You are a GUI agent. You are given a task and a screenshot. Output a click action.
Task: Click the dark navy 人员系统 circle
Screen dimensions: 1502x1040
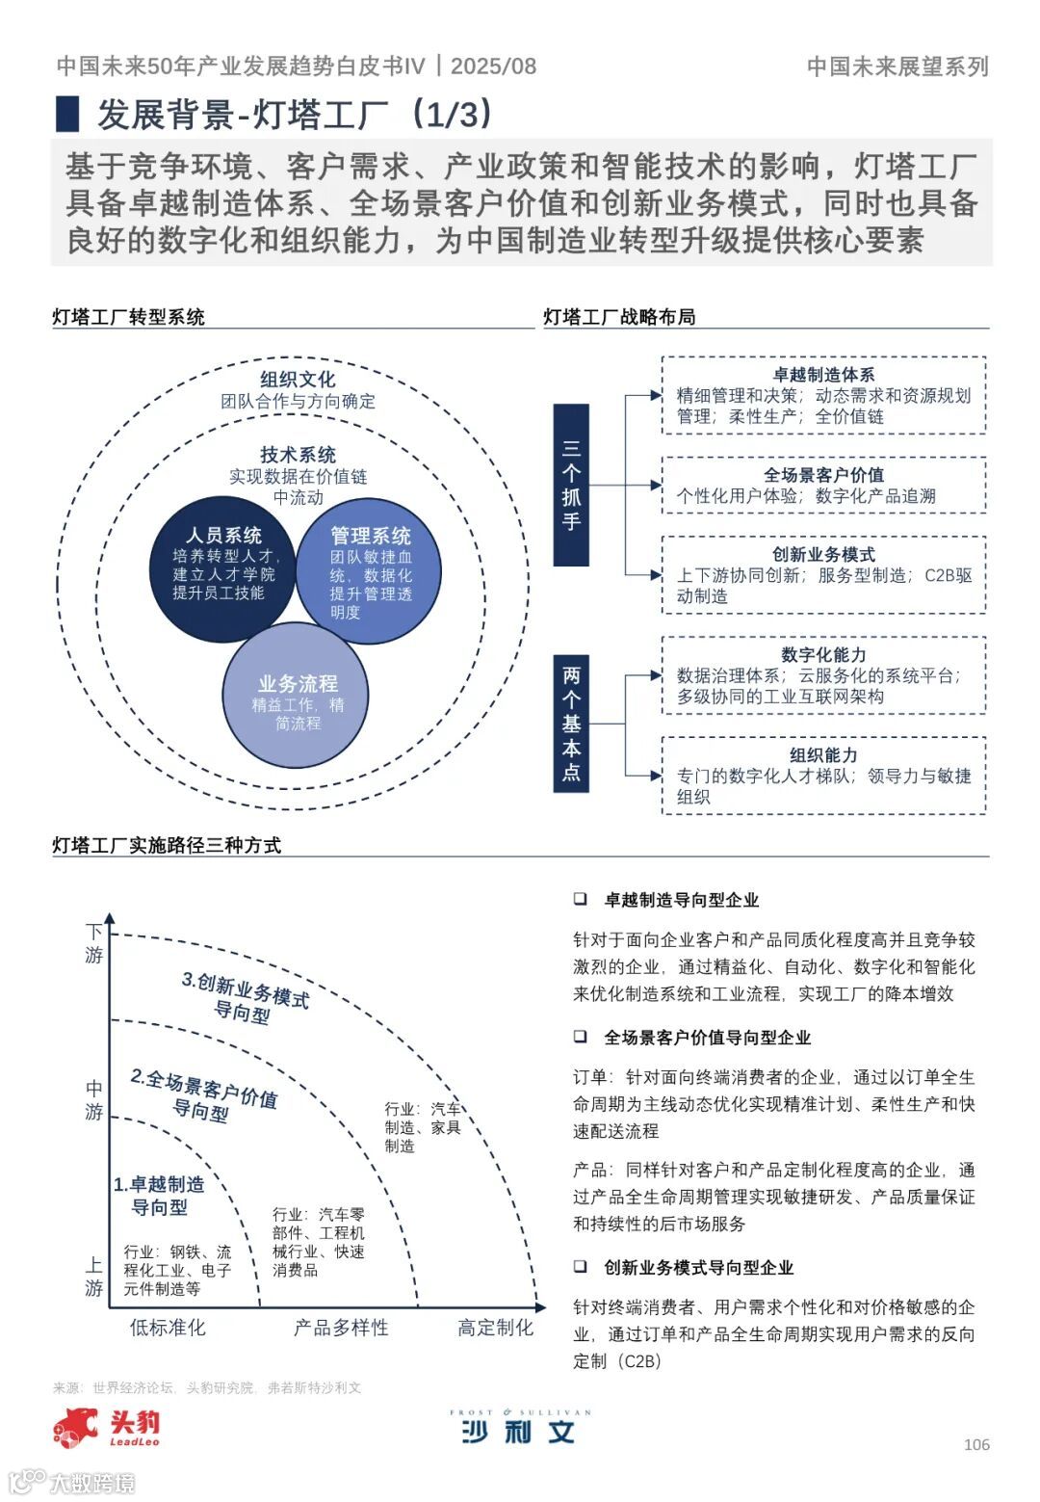(x=221, y=568)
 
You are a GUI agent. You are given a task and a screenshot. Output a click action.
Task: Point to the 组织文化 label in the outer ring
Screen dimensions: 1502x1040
(x=298, y=380)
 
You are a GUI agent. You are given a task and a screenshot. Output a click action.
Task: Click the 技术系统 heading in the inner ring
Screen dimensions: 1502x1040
(x=298, y=455)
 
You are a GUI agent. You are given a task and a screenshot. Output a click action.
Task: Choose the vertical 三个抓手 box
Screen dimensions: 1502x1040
(x=571, y=485)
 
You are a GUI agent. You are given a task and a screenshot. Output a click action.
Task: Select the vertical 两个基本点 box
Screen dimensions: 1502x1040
(x=571, y=723)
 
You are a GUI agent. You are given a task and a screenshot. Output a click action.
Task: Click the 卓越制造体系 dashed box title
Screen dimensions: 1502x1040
(x=823, y=374)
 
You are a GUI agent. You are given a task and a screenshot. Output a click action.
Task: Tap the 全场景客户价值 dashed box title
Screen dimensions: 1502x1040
(x=823, y=474)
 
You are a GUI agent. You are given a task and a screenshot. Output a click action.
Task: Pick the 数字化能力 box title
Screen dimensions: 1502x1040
(x=823, y=654)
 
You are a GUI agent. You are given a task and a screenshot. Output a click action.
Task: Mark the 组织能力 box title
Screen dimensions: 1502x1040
(x=823, y=754)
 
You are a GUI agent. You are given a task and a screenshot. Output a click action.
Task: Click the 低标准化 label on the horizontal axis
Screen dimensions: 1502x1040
(x=168, y=1328)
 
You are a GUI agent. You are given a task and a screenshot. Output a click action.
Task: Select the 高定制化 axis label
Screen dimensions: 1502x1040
(x=495, y=1328)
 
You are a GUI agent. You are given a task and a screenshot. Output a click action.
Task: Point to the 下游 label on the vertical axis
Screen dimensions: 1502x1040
(x=93, y=943)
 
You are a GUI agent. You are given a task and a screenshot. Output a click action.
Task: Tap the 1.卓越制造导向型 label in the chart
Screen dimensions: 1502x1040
(x=159, y=1195)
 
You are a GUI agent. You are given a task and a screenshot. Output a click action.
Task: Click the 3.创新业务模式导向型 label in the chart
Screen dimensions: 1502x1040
(x=245, y=997)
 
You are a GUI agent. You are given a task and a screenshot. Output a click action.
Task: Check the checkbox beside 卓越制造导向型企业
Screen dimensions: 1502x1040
(x=581, y=899)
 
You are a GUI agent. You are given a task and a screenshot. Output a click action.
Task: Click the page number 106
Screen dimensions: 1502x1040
(x=976, y=1444)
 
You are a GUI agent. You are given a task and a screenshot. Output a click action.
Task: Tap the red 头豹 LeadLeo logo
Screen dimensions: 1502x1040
(x=106, y=1427)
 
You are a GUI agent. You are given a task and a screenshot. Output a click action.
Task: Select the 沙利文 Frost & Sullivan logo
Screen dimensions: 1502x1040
(x=519, y=1428)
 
